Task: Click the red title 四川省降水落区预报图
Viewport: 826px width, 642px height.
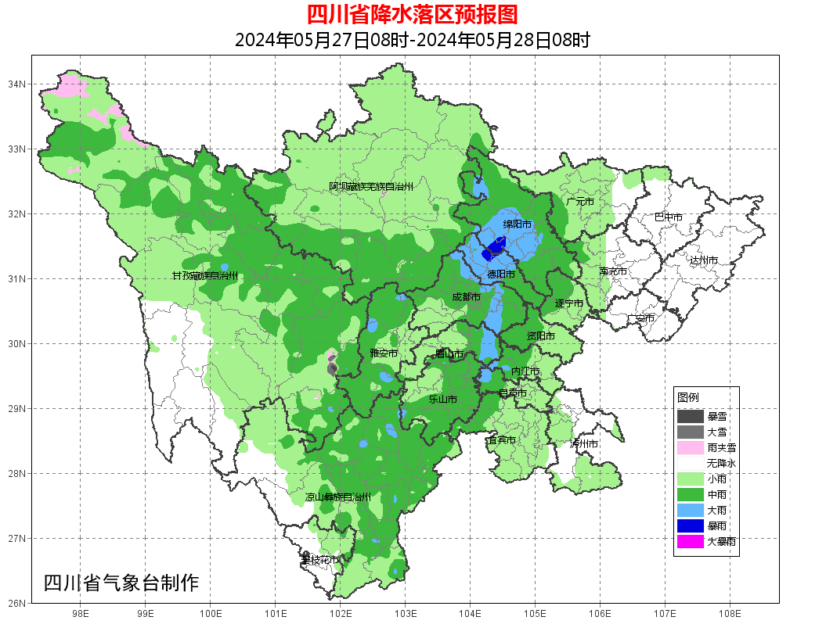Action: tap(412, 14)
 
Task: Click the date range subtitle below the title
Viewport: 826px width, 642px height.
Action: tap(412, 40)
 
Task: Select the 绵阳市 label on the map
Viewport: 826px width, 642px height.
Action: tap(517, 224)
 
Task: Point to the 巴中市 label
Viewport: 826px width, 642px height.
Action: tap(668, 217)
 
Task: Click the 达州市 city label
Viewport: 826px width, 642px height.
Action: tap(703, 260)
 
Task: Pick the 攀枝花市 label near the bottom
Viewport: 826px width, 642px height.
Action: tap(321, 560)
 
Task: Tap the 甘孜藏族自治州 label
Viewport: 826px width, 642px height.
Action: tap(205, 276)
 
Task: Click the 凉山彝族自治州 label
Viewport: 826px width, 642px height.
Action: tap(337, 497)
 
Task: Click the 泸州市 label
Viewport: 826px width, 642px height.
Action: tap(584, 443)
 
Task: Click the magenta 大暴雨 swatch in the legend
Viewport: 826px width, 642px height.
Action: tap(690, 541)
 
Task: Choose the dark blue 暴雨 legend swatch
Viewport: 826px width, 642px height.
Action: tap(690, 525)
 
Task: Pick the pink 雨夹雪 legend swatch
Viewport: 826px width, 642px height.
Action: tap(690, 448)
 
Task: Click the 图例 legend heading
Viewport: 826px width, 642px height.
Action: tap(688, 397)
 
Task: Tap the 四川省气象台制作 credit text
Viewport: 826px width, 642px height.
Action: tap(121, 583)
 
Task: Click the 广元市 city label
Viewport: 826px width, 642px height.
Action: tap(579, 202)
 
